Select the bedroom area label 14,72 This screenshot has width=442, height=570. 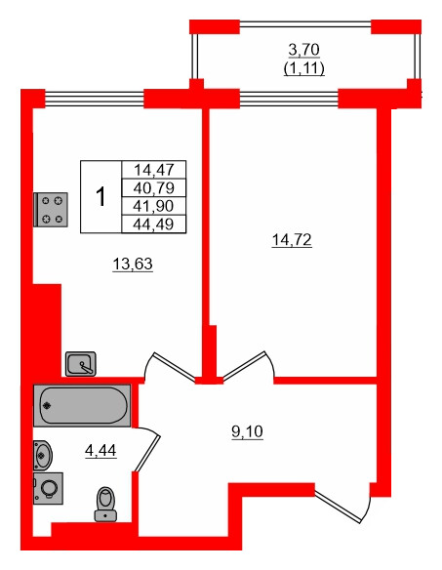pos(291,238)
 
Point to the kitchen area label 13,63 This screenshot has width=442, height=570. pos(134,263)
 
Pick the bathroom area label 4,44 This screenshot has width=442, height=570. pos(101,450)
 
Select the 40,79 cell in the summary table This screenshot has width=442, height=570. pos(152,187)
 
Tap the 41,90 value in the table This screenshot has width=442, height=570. pos(152,206)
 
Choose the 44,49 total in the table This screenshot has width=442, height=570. pos(152,224)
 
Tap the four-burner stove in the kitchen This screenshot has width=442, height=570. pos(51,209)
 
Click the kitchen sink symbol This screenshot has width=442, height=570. pos(81,365)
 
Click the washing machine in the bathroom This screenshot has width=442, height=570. pos(48,488)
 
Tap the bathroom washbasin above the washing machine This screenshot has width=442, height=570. pos(43,454)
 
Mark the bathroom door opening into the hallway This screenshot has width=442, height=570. pos(148,449)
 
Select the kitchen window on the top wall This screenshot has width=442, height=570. pos(94,97)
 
